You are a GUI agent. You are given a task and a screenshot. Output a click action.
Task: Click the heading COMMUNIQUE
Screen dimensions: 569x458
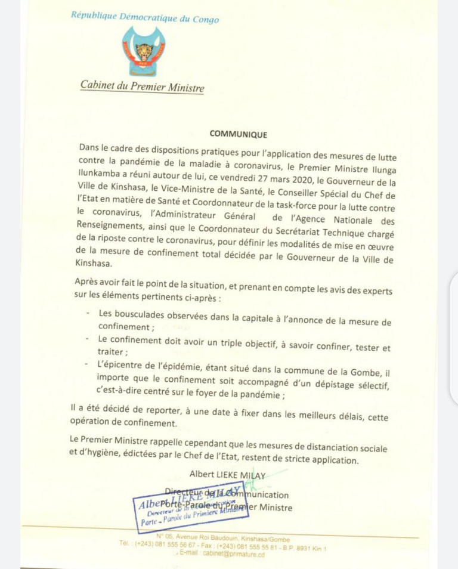tap(239, 135)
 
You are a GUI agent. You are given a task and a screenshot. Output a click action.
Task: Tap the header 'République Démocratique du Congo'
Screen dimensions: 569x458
tap(145, 17)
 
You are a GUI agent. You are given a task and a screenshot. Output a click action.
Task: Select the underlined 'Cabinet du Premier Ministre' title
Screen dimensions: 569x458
tap(142, 86)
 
